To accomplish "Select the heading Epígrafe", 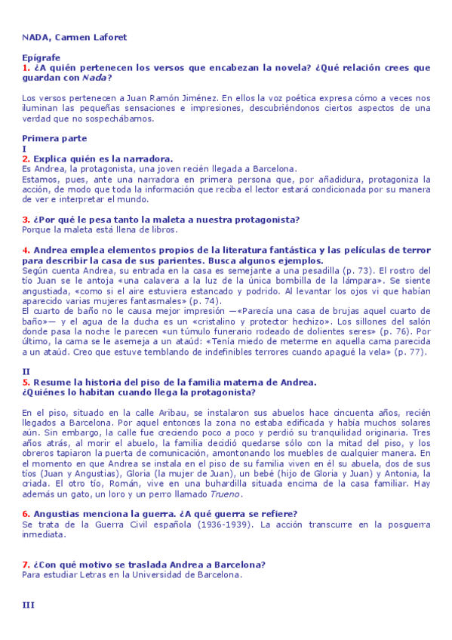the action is (41, 57).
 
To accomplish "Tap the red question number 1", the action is (26, 67).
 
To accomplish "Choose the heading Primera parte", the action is (54, 138).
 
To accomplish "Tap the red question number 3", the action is (26, 220).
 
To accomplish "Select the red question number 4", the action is (26, 250).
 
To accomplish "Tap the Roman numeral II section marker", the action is (26, 371).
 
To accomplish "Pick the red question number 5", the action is (26, 382).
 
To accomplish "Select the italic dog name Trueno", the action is (248, 494).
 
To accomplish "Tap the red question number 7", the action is (26, 565).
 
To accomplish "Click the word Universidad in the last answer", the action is (157, 574).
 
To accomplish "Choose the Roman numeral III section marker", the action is (29, 605).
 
